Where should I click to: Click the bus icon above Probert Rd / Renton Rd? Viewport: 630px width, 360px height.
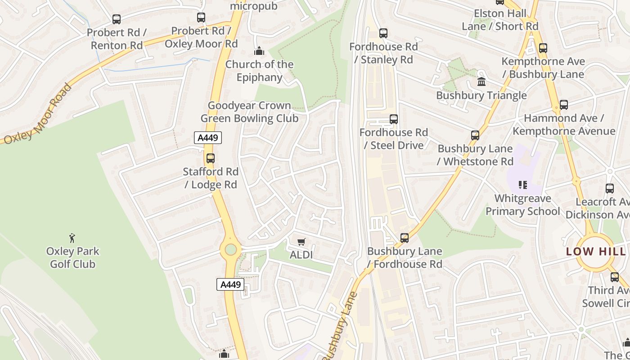[117, 19]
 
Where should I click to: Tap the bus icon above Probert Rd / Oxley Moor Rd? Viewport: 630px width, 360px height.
[201, 18]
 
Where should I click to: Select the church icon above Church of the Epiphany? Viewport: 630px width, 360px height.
[259, 51]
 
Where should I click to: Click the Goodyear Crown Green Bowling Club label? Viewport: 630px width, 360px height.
[249, 112]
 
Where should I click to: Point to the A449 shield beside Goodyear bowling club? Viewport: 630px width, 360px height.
[208, 138]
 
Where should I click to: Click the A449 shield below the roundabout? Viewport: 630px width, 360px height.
[230, 284]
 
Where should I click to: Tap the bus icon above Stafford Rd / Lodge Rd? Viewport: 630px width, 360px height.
[210, 158]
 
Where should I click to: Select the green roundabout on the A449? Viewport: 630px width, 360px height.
[231, 249]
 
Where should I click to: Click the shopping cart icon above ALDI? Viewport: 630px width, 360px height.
[301, 242]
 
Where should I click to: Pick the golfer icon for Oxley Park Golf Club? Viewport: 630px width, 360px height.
[72, 238]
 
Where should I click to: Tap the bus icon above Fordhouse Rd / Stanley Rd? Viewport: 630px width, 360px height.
[383, 33]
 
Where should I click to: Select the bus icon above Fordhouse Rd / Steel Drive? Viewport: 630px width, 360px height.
[394, 119]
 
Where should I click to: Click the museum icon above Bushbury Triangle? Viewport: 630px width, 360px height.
[481, 82]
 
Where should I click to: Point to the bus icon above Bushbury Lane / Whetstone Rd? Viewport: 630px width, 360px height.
[475, 135]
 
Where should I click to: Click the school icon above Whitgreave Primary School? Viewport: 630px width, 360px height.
[522, 184]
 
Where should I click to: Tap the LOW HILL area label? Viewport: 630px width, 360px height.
[595, 252]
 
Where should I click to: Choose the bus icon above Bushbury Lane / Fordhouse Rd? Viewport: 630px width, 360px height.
[405, 238]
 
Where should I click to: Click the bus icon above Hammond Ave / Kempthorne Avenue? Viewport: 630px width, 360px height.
[564, 105]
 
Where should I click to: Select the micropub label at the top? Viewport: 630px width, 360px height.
[253, 6]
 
